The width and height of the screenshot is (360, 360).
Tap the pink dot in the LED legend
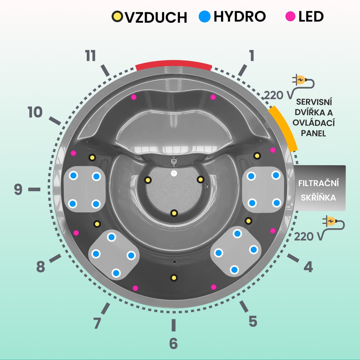pyautogui.click(x=289, y=16)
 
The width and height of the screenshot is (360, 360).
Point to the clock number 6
pyautogui.click(x=174, y=343)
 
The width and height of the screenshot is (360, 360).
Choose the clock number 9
pyautogui.click(x=18, y=189)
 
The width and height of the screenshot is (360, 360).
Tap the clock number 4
pyautogui.click(x=308, y=267)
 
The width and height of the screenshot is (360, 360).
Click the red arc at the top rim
pyautogui.click(x=174, y=64)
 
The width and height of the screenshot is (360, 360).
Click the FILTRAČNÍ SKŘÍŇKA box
pyautogui.click(x=319, y=188)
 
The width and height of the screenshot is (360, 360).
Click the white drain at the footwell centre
pyautogui.click(x=174, y=173)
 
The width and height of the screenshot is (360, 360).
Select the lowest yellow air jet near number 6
pyautogui.click(x=174, y=278)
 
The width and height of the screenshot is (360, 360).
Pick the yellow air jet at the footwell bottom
pyautogui.click(x=174, y=213)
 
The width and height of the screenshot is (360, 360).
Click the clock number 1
pyautogui.click(x=251, y=55)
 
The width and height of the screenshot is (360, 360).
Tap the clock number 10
pyautogui.click(x=35, y=113)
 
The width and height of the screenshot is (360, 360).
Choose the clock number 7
pyautogui.click(x=97, y=323)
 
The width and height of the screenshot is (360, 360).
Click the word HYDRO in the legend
pyautogui.click(x=239, y=16)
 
